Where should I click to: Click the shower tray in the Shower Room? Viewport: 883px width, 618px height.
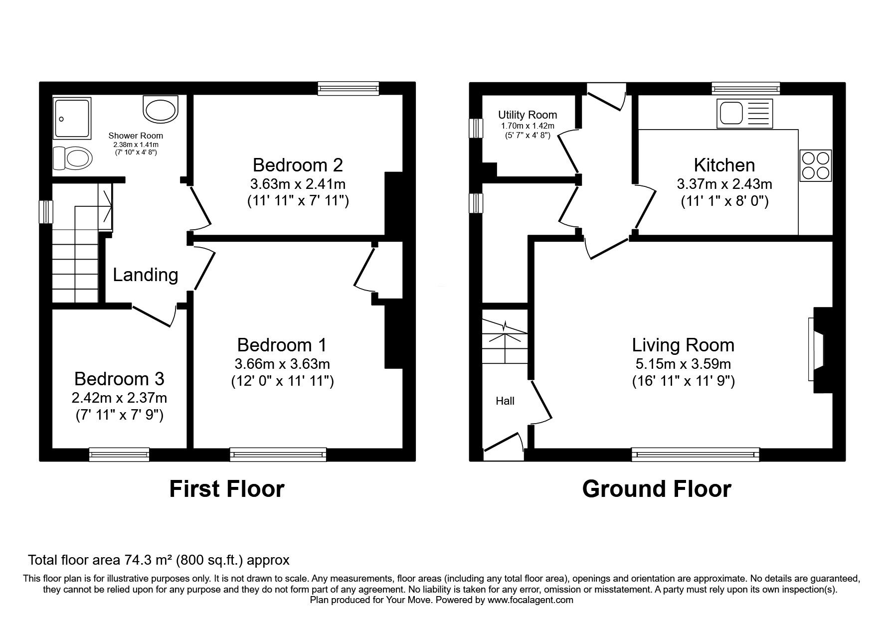73,118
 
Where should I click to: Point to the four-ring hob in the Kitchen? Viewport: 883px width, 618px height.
815,165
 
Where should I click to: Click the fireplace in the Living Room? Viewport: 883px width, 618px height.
819,350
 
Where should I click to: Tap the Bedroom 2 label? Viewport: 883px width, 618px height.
298,165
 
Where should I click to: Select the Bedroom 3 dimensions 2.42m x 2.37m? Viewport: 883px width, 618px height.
119,398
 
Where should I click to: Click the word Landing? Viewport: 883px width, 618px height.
145,275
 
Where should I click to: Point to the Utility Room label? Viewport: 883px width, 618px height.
527,115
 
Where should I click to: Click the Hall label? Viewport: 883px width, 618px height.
505,401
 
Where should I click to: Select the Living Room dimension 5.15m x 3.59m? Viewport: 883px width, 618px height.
683,364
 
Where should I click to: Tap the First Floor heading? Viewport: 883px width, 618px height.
227,489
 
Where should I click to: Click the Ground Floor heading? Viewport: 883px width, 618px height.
656,489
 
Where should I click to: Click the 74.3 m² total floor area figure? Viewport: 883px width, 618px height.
143,560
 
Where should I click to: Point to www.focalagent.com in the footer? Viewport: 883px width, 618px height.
530,601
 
